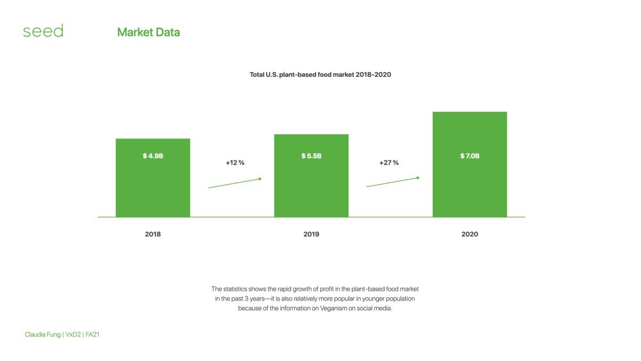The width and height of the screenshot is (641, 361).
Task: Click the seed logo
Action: coord(43,30)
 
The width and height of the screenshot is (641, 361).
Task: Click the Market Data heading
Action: coord(148,33)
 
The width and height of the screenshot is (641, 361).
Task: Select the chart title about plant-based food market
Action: coord(320,75)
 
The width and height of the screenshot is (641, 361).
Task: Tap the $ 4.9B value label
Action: coord(153,156)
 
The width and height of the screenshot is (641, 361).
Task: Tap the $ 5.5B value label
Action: coord(311,156)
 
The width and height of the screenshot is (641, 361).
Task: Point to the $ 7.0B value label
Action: coord(470,156)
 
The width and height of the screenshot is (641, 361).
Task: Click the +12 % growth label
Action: coord(235,163)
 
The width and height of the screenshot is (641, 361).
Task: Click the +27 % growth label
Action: coord(389,163)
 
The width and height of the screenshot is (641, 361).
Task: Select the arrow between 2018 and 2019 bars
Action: coord(235,183)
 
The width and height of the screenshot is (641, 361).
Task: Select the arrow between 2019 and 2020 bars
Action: coord(393,182)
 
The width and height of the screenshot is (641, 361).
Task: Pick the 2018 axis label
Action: coord(153,234)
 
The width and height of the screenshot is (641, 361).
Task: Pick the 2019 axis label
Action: coord(311,234)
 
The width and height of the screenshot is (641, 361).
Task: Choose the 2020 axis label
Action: coord(470,234)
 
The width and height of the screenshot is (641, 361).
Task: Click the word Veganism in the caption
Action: coord(333,309)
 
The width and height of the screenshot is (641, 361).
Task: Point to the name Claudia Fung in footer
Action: coord(43,335)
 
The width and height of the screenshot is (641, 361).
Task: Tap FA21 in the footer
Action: coord(92,335)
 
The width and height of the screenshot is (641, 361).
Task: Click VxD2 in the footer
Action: coord(73,335)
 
